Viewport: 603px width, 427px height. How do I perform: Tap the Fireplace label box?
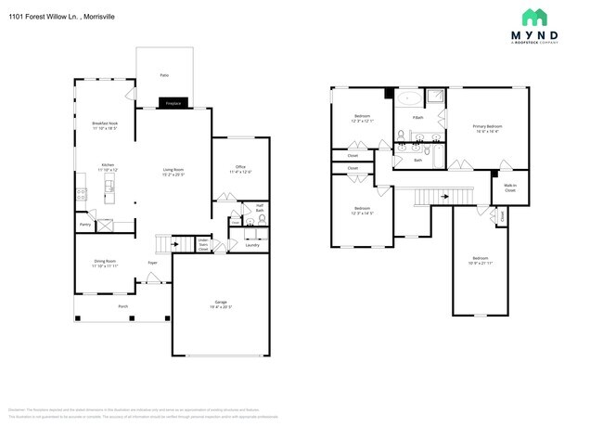tap(173, 104)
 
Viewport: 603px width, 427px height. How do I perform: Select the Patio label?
tap(163, 73)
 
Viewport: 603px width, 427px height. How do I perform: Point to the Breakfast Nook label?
tap(105, 125)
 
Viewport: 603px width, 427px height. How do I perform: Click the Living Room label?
tap(173, 171)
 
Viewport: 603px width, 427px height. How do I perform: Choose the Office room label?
tap(240, 169)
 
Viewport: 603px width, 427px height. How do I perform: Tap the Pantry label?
tap(84, 224)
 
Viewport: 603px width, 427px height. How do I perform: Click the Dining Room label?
tap(105, 263)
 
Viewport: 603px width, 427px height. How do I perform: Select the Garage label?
tap(223, 304)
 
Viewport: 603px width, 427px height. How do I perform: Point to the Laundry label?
tap(251, 245)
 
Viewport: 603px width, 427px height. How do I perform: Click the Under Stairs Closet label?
tap(203, 244)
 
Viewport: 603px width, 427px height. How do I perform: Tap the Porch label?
tap(122, 305)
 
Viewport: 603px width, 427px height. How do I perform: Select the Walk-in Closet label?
tap(509, 188)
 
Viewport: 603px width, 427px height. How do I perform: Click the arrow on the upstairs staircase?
tap(444, 196)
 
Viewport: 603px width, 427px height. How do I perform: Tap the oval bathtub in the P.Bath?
tap(408, 97)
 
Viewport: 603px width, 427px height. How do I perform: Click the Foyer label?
tap(152, 263)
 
